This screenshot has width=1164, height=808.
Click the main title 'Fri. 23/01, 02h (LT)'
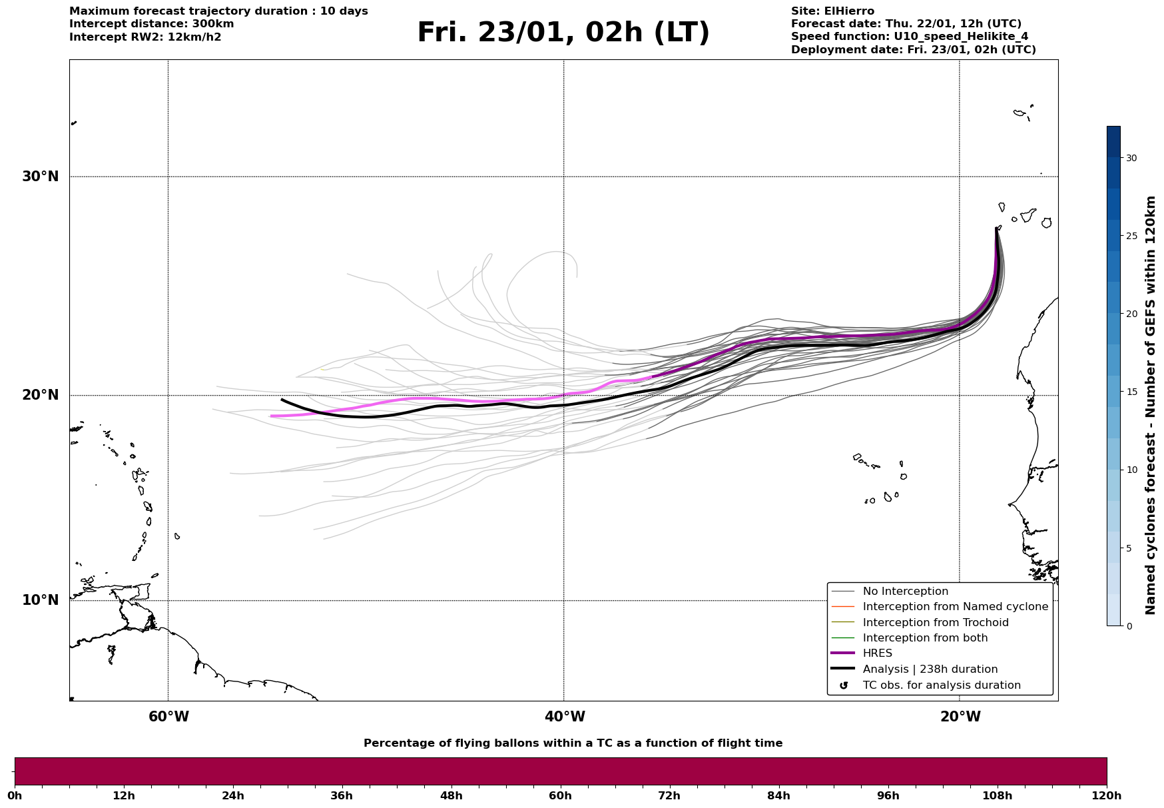point(563,33)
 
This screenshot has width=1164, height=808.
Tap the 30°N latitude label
point(40,177)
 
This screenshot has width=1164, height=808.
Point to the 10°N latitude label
point(40,600)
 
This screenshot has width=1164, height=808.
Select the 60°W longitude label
point(168,717)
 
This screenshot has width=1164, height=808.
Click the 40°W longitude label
point(565,717)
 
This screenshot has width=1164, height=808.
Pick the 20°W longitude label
point(960,717)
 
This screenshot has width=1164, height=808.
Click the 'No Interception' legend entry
point(905,592)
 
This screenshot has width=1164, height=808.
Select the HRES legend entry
point(877,653)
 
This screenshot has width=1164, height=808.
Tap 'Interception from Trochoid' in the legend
point(935,623)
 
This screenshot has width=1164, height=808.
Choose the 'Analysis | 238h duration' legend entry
point(930,669)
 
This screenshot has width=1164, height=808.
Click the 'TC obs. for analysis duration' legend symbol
point(844,685)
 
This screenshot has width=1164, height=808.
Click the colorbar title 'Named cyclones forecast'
point(1151,405)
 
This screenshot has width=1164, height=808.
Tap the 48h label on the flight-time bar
point(451,795)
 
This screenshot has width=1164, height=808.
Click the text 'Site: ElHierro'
point(832,11)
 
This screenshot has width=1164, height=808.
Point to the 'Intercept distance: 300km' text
point(151,24)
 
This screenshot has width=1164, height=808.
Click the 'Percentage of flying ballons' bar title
point(573,743)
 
